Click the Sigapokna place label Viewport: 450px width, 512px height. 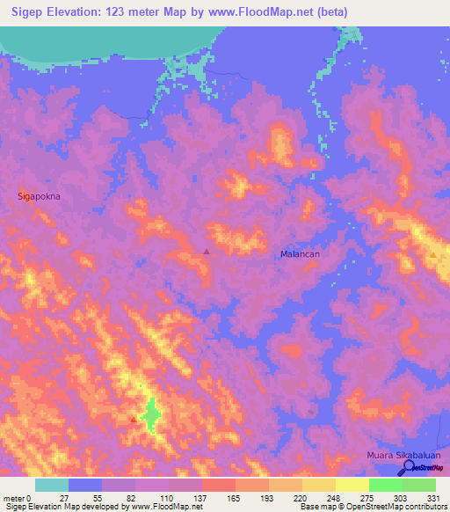click(40, 197)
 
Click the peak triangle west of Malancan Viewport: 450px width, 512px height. click(207, 252)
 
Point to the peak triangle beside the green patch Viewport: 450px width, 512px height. click(134, 420)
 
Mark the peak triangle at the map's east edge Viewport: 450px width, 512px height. click(433, 255)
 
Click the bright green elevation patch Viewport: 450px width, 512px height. click(152, 413)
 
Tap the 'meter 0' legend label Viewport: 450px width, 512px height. click(18, 497)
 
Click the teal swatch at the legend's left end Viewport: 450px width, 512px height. click(52, 485)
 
